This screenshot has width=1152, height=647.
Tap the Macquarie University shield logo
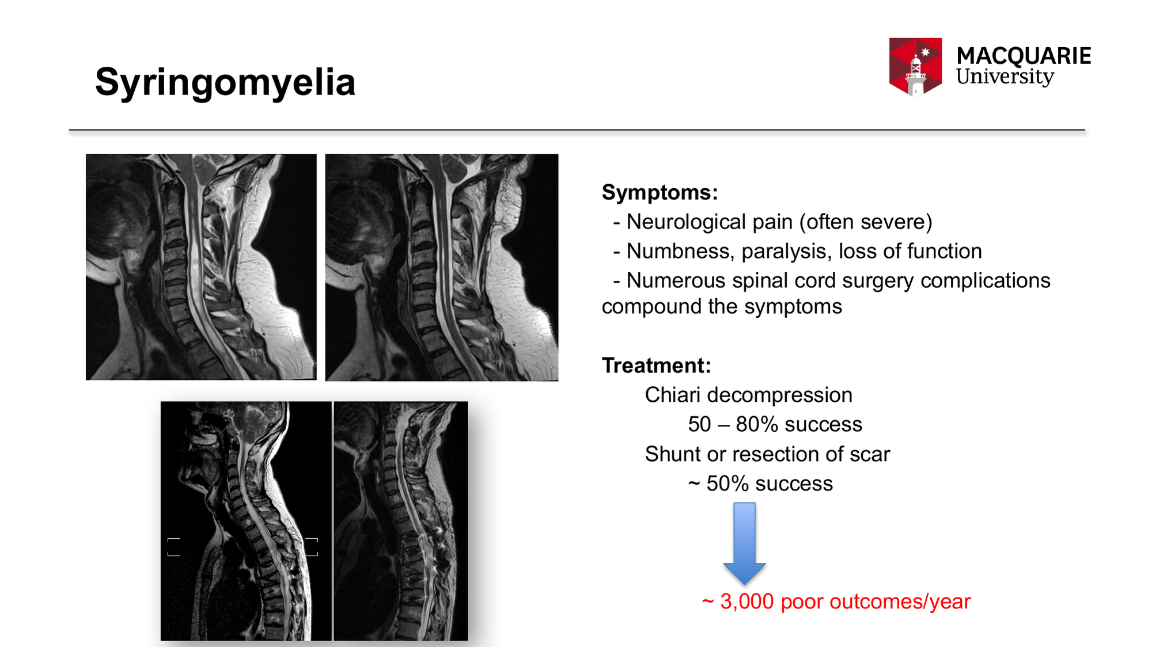(x=915, y=67)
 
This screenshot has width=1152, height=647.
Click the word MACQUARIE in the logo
(x=1024, y=56)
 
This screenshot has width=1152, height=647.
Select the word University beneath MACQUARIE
(x=1005, y=77)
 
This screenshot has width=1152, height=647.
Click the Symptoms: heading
(x=660, y=192)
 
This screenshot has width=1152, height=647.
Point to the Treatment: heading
(x=657, y=366)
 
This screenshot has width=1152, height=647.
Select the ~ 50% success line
(x=760, y=484)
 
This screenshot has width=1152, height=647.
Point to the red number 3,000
(x=747, y=602)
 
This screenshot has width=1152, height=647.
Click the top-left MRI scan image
(x=201, y=267)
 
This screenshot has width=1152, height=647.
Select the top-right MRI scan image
(x=442, y=268)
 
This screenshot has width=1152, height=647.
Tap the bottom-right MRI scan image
(x=401, y=521)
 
